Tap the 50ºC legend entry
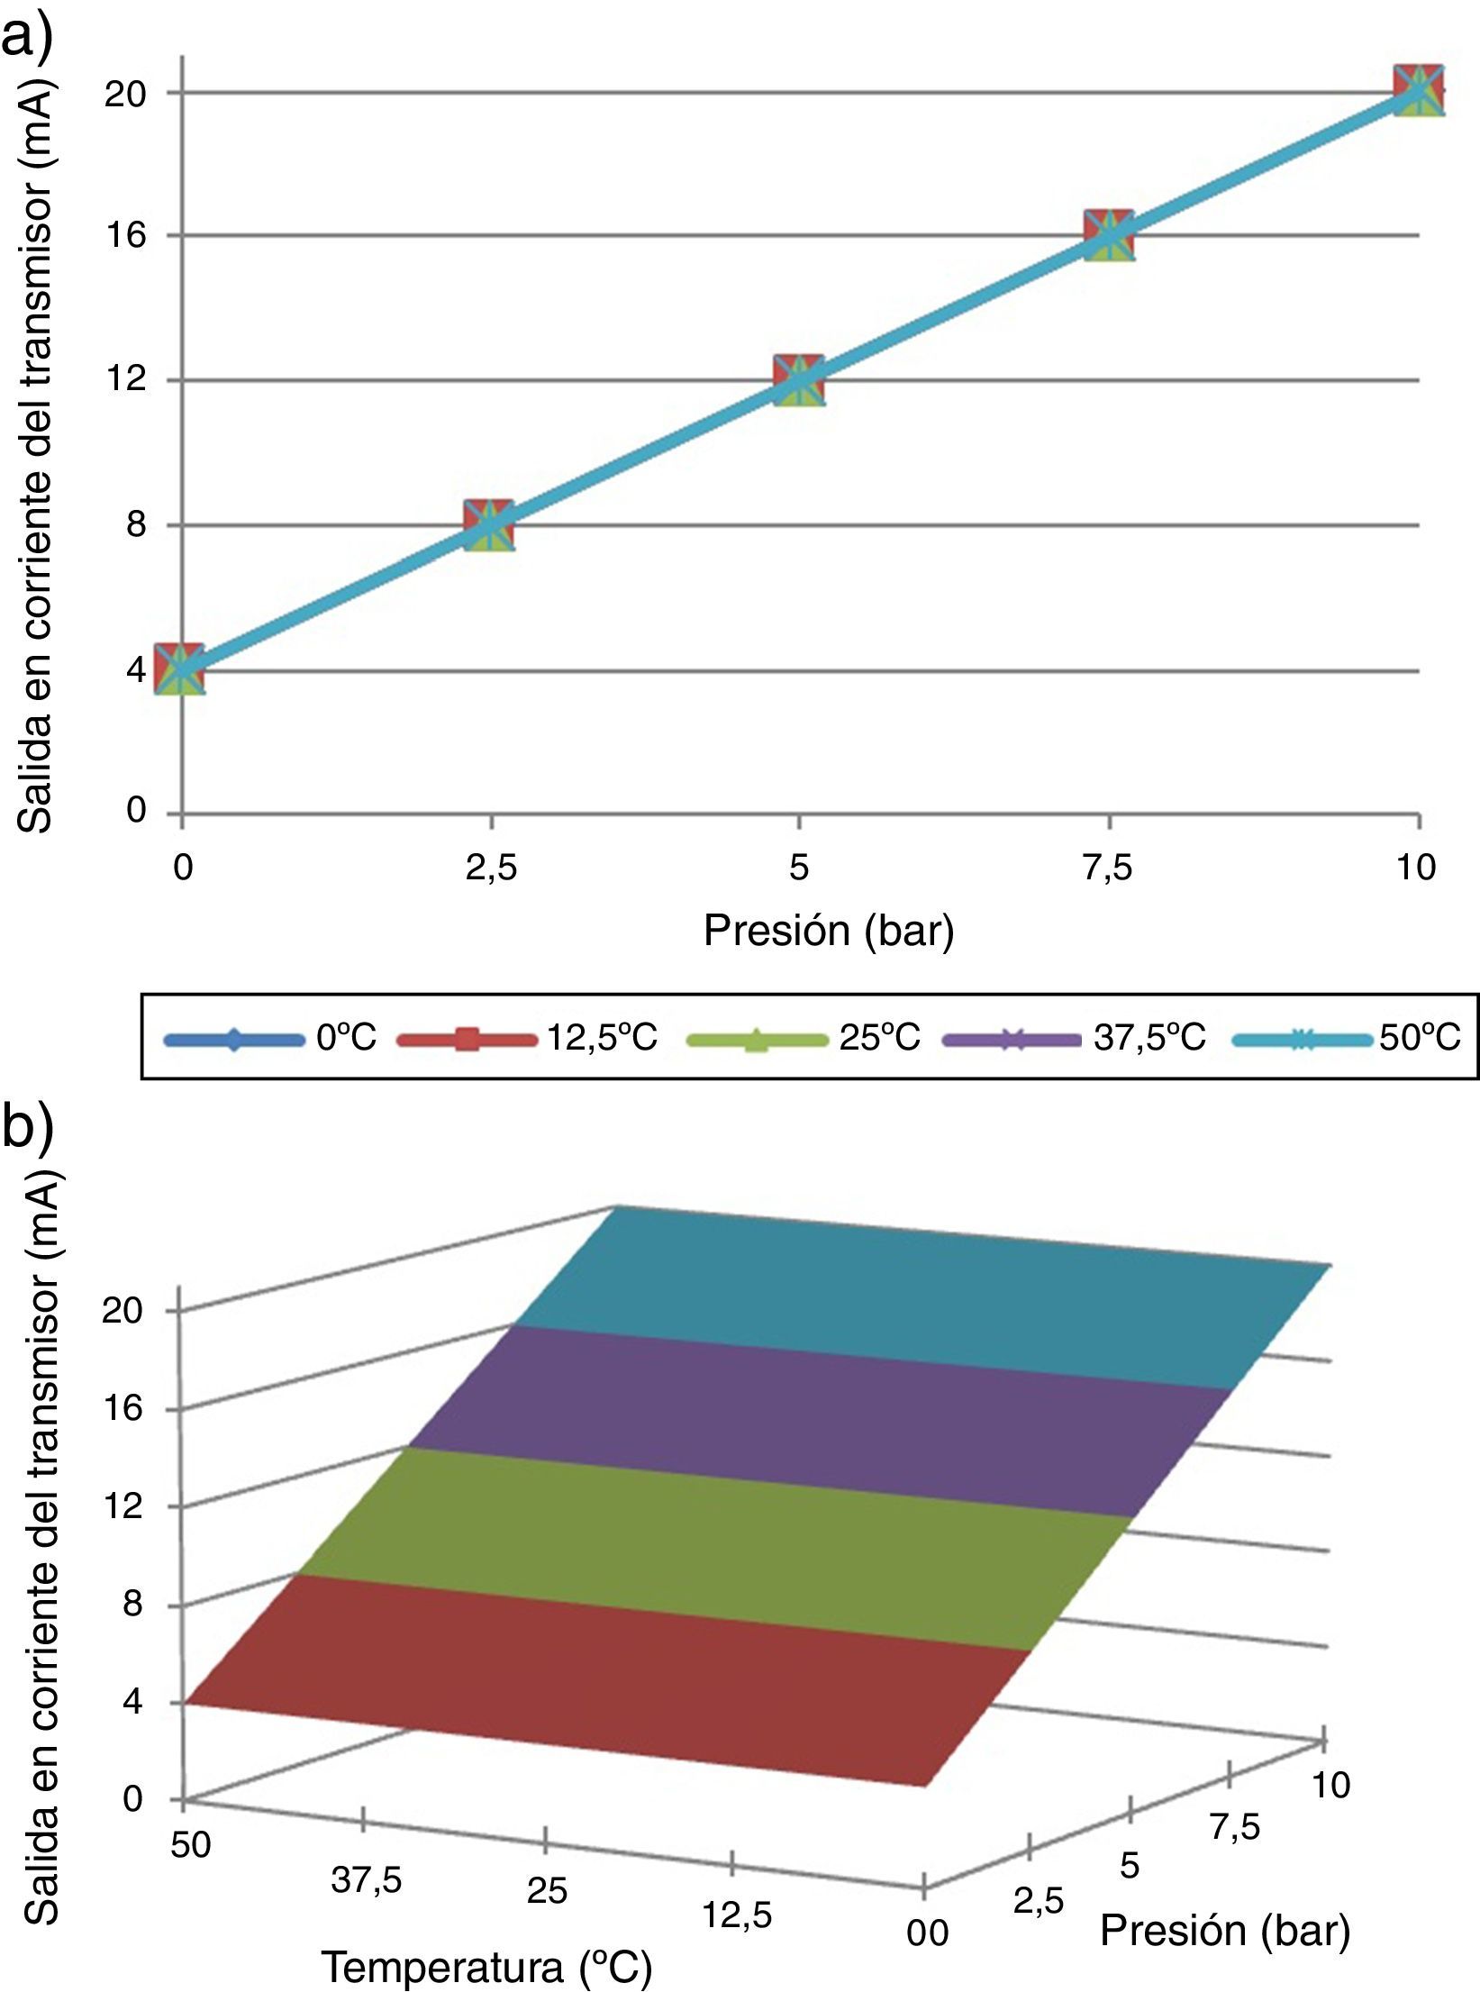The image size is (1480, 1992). tap(1347, 1038)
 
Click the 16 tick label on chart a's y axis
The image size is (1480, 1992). tap(125, 235)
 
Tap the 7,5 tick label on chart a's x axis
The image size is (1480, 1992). tap(1109, 868)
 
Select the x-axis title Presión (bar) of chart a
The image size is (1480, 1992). tap(828, 931)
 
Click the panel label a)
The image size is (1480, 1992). tap(27, 36)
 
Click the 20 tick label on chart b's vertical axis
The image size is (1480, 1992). tap(123, 1310)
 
